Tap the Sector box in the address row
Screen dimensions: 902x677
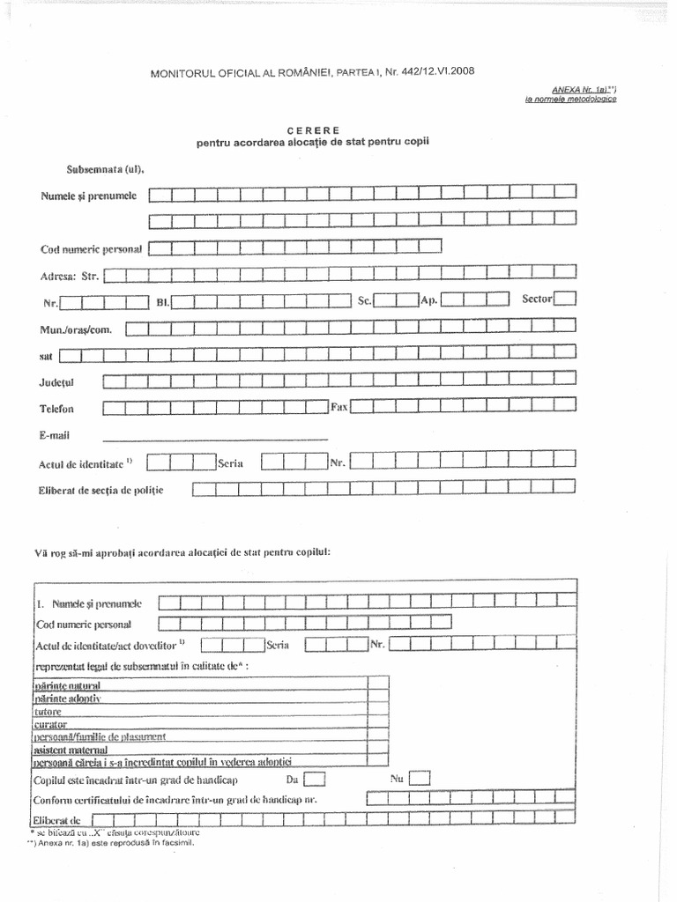pyautogui.click(x=565, y=299)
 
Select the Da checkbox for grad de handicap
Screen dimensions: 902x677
pyautogui.click(x=316, y=779)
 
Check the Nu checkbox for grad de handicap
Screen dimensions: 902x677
pyautogui.click(x=420, y=778)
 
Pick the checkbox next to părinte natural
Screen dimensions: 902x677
pyautogui.click(x=377, y=683)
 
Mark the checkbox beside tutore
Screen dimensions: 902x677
pyautogui.click(x=377, y=709)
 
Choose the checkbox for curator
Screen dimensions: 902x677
pyautogui.click(x=377, y=722)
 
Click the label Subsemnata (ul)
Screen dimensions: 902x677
pyautogui.click(x=105, y=169)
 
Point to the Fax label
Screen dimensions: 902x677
pyautogui.click(x=338, y=407)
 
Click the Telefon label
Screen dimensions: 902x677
pyautogui.click(x=56, y=409)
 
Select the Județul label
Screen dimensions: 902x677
pyautogui.click(x=58, y=383)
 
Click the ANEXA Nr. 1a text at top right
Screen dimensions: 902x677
pyautogui.click(x=581, y=89)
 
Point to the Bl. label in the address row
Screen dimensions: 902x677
pyautogui.click(x=162, y=303)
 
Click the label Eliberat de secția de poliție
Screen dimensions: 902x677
pyautogui.click(x=101, y=489)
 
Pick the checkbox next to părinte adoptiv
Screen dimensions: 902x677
pyautogui.click(x=377, y=696)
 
